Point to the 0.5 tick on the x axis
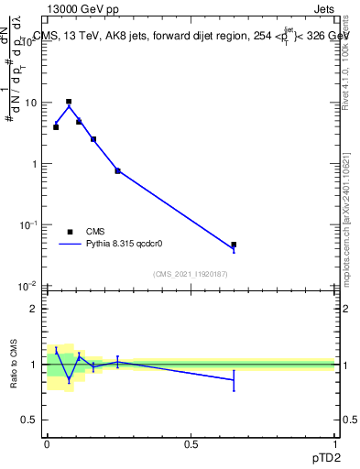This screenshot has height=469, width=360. coord(191,444)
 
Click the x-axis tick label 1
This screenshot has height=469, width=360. coord(334,444)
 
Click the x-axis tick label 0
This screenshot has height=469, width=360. coord(47,444)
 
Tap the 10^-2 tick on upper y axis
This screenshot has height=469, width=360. coord(28,286)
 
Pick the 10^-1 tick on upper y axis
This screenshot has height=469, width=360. coord(28,224)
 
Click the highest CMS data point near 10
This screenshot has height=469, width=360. coord(69,102)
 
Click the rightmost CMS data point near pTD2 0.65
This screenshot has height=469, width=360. coord(234,245)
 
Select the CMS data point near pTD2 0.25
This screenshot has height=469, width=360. coord(118,170)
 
